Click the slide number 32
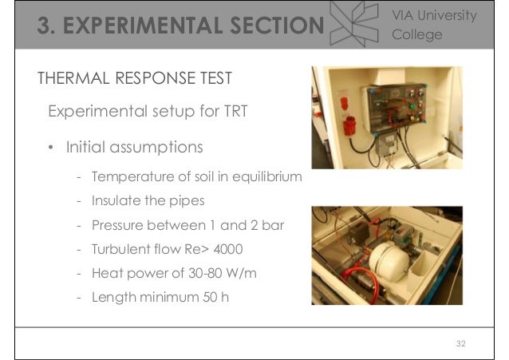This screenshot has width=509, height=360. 460,343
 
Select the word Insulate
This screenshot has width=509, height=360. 117,200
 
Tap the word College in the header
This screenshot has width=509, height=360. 417,34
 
